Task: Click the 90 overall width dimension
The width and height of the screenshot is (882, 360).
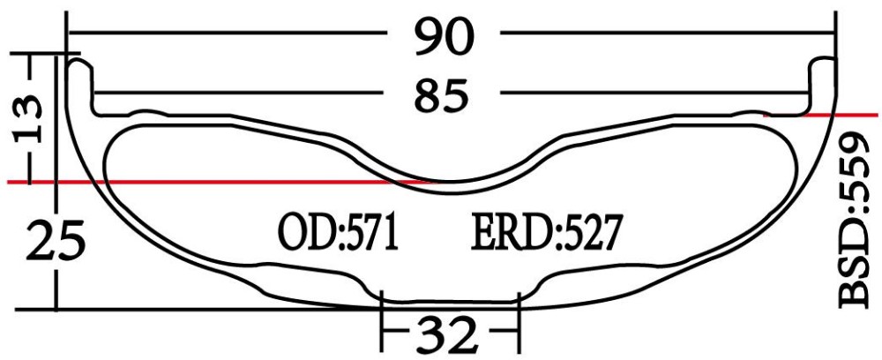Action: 446,36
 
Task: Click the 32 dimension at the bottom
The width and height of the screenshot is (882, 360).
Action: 448,335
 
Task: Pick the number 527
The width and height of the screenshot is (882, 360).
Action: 589,233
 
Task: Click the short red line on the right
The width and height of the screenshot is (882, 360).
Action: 820,115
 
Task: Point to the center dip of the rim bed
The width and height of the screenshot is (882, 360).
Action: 450,176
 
